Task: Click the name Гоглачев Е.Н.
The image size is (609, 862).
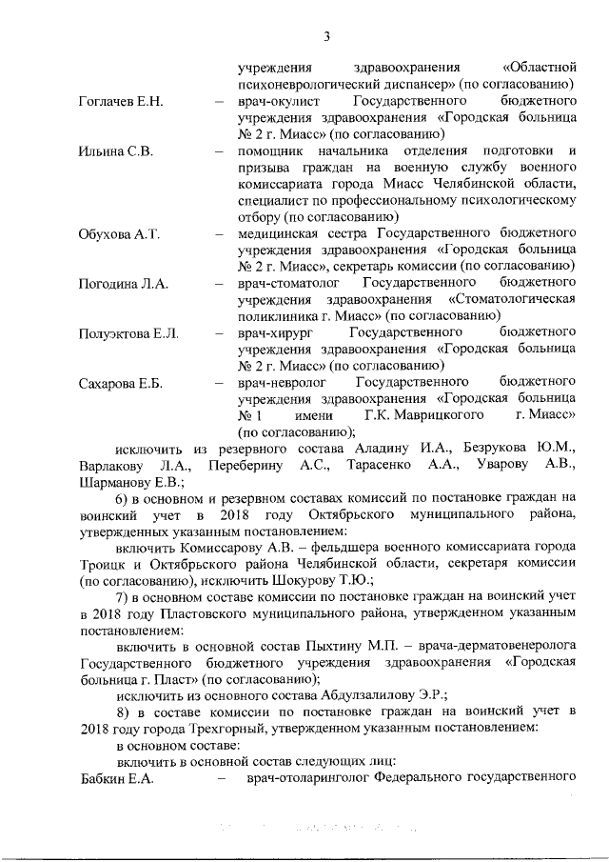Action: click(121, 101)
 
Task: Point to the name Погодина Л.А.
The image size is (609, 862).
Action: click(123, 284)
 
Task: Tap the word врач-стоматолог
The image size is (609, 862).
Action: click(289, 284)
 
